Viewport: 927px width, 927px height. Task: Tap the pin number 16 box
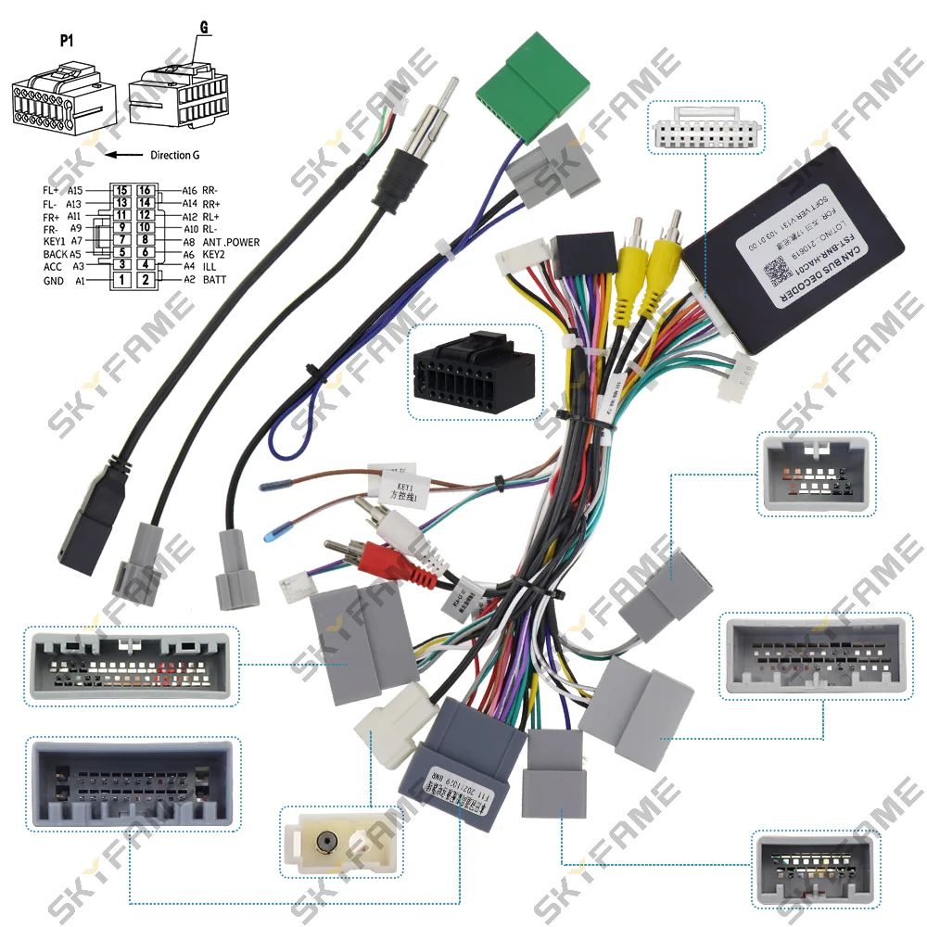145,190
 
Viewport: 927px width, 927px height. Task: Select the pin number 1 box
121,279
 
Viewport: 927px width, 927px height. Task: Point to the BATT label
214,279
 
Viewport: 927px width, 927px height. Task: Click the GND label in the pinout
53,280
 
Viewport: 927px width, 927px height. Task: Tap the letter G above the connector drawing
203,29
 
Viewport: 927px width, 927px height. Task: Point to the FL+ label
50,190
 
